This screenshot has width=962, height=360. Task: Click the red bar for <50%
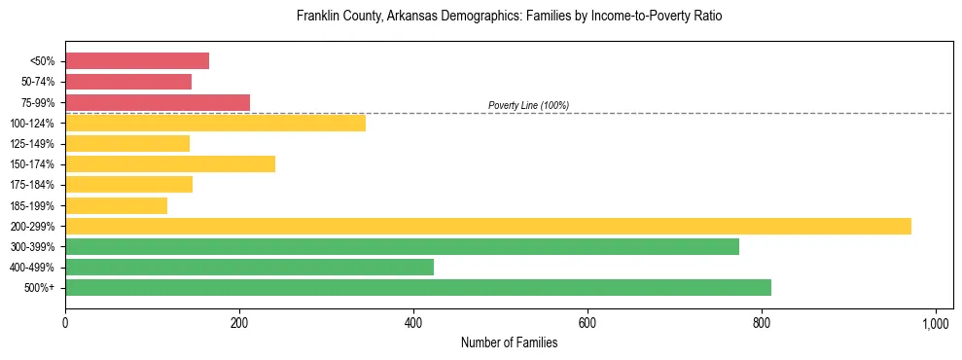click(137, 61)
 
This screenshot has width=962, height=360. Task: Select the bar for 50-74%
click(128, 82)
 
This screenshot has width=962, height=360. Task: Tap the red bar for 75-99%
click(158, 102)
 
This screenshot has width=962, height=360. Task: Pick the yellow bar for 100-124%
click(215, 123)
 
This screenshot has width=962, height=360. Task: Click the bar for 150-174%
click(170, 164)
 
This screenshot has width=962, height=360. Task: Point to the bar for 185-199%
click(116, 205)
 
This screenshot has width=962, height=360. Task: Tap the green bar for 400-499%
click(249, 268)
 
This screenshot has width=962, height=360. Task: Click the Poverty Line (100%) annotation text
click(528, 105)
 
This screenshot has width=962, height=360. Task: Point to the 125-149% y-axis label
click(32, 144)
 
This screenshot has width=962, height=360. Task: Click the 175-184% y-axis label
click(32, 185)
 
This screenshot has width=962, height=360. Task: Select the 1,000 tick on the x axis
click(935, 321)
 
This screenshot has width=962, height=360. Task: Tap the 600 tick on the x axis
click(588, 321)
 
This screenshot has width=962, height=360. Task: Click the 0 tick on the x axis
click(65, 321)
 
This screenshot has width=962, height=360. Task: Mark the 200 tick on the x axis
click(239, 321)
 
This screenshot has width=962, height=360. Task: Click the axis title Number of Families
click(509, 342)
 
